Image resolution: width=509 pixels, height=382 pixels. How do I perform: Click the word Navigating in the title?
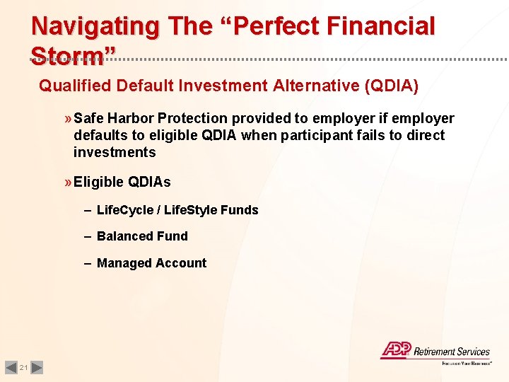tap(95, 26)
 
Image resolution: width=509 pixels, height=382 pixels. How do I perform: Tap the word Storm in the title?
tap(69, 56)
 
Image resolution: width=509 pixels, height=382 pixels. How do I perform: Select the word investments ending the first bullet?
tap(115, 152)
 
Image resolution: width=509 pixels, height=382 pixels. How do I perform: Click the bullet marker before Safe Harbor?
tap(68, 118)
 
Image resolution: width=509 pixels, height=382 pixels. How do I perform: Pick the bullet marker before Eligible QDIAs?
tap(68, 182)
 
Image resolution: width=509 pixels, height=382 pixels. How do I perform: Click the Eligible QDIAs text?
tap(122, 182)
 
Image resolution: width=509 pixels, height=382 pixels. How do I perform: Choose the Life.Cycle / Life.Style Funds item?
tap(177, 210)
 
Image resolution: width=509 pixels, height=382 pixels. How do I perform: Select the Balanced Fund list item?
tap(142, 236)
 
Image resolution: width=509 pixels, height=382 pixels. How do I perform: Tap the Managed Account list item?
tap(151, 263)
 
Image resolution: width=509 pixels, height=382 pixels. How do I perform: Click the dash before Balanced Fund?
tap(87, 236)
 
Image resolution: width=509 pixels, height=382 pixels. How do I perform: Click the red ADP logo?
tap(394, 350)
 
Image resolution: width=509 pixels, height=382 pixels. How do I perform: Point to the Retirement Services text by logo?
tap(451, 352)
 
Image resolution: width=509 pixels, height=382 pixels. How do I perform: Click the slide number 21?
tap(23, 367)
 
